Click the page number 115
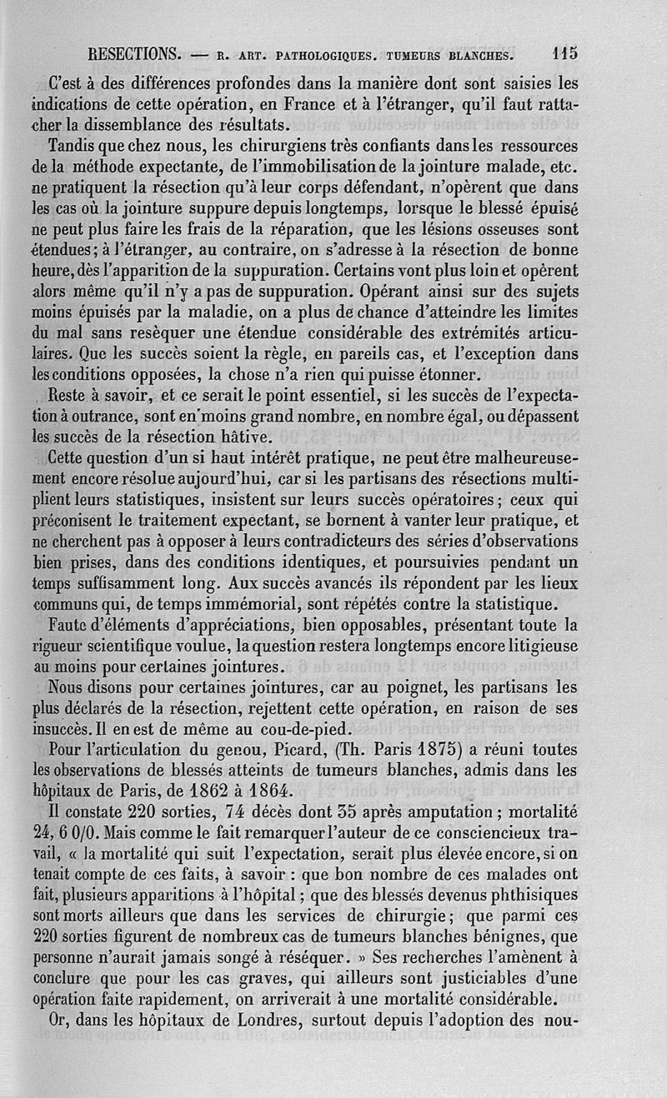coord(564,55)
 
